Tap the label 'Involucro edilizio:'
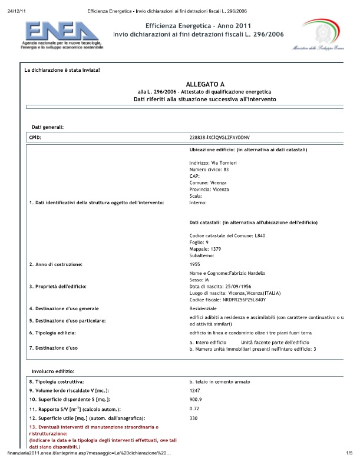[x=52, y=372]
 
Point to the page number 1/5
[x=348, y=453]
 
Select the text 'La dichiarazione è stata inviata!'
[x=62, y=70]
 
